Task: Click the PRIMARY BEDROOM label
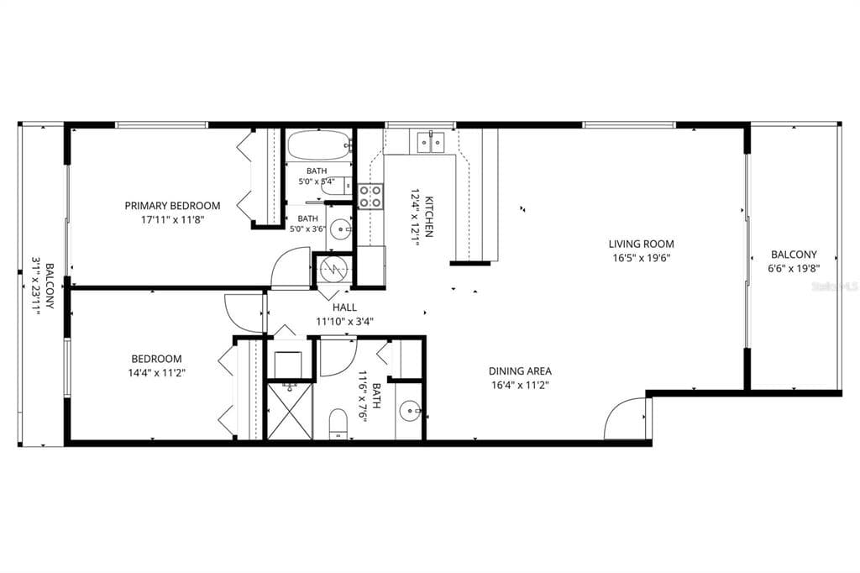172,206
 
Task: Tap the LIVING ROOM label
641,244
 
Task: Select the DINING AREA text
520,371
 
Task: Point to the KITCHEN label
429,217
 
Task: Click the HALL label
344,308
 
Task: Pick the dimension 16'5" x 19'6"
641,258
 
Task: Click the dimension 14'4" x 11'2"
156,373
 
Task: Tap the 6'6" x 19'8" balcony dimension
794,268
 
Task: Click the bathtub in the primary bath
318,145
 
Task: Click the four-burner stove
370,197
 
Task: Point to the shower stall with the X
290,411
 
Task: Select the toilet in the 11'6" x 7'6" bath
338,423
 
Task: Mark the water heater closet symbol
333,269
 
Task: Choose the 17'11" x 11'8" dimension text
173,220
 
